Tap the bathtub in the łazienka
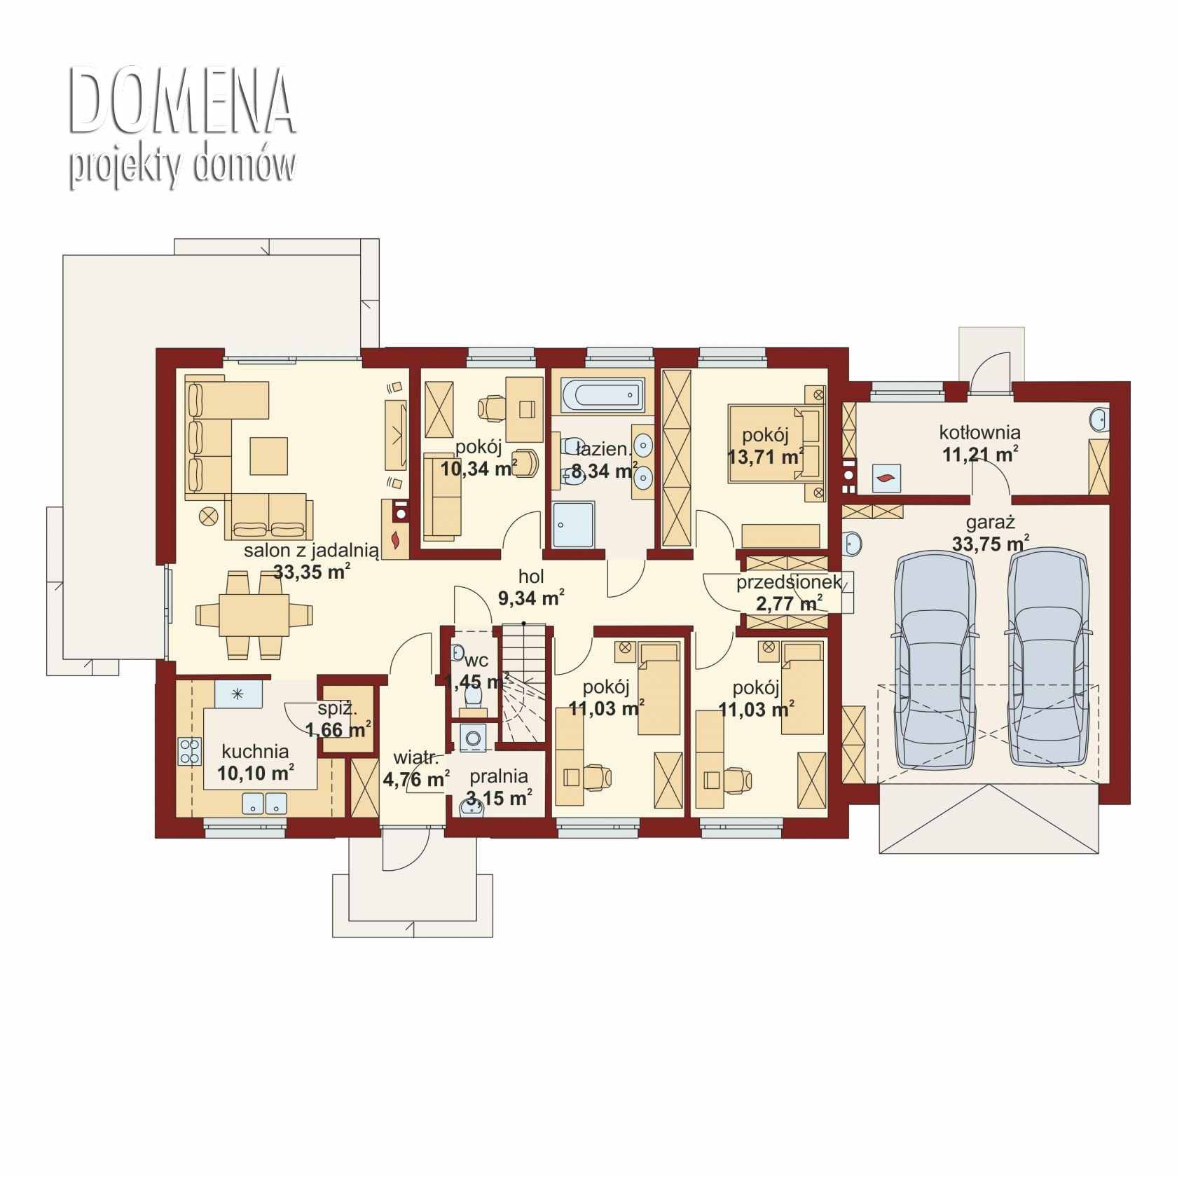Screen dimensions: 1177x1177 602,396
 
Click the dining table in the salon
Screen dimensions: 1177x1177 254,614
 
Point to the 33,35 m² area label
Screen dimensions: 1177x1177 312,572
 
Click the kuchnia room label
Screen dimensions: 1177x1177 255,752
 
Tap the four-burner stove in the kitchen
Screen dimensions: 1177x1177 190,751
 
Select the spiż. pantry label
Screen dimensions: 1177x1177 337,709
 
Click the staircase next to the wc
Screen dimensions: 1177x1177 524,684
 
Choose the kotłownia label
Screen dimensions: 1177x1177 979,432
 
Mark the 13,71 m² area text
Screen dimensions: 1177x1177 766,457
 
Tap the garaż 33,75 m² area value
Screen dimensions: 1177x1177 991,543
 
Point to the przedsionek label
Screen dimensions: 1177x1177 789,583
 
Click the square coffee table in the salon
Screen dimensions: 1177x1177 269,455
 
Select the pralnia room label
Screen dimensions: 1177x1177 499,776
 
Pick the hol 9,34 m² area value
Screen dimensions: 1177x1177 531,598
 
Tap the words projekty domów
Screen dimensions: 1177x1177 182,167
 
